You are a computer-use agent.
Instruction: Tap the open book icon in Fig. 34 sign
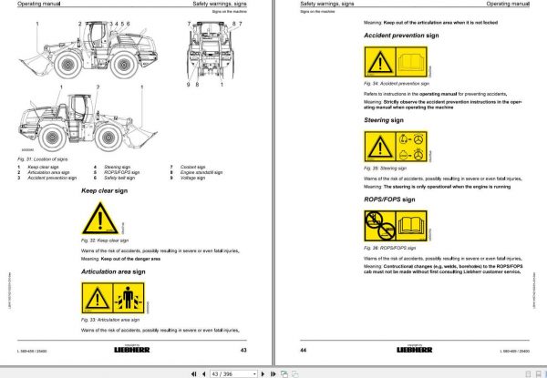point(417,62)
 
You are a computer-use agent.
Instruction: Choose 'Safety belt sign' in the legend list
point(120,178)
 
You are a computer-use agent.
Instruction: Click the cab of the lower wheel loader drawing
point(82,109)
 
